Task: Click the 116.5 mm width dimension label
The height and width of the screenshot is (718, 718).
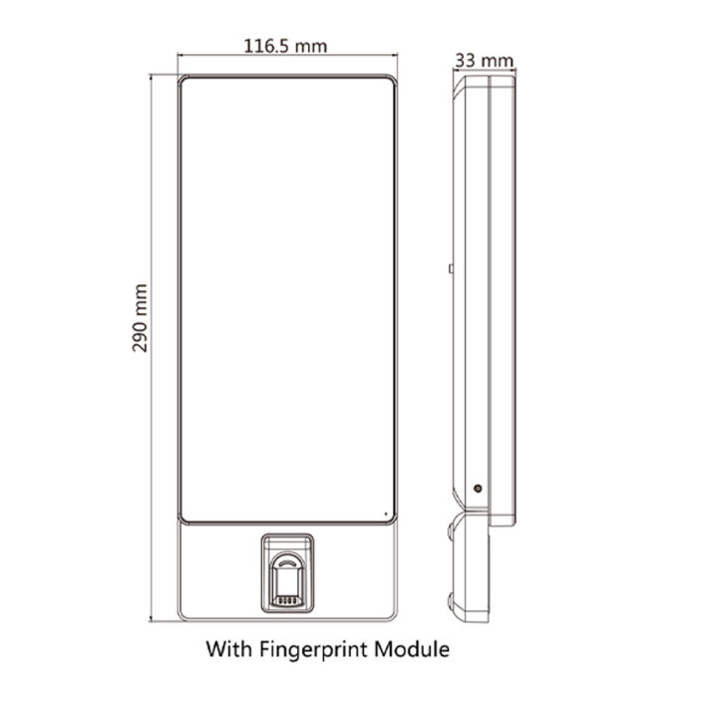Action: pyautogui.click(x=285, y=45)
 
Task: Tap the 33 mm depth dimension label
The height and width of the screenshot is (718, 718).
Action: pyautogui.click(x=484, y=60)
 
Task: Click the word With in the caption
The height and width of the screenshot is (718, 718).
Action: pyautogui.click(x=228, y=650)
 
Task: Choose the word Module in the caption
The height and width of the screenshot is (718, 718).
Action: pyautogui.click(x=415, y=650)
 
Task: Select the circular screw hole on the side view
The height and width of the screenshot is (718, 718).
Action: pyautogui.click(x=478, y=490)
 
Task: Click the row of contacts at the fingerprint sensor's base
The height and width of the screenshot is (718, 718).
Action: pyautogui.click(x=287, y=601)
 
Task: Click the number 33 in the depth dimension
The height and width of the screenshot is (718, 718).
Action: pyautogui.click(x=465, y=60)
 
